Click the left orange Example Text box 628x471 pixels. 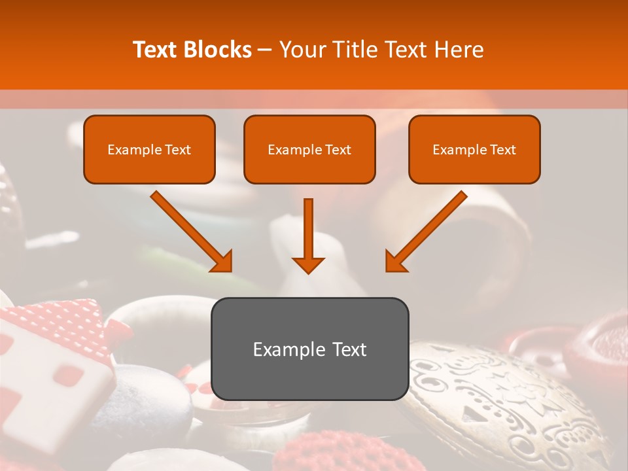click(149, 149)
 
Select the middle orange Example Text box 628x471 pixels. click(309, 149)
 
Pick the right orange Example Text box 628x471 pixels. click(474, 149)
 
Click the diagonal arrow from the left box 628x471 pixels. click(191, 232)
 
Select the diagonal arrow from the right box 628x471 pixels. click(427, 232)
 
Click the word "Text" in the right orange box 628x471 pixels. click(502, 150)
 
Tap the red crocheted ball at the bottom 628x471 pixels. click(314, 451)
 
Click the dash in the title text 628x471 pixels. click(266, 50)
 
